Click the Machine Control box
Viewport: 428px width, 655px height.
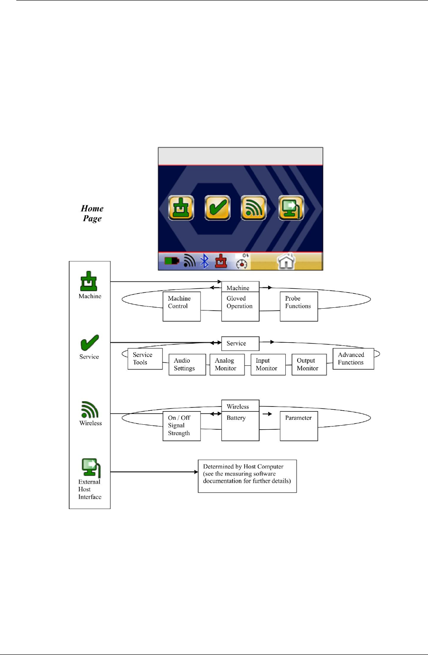(182, 306)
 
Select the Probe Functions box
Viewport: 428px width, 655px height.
(298, 306)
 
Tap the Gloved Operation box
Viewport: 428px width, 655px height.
(240, 306)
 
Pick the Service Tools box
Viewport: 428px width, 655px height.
(145, 359)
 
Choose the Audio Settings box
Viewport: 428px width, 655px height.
(187, 364)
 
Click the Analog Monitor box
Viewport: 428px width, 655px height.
(227, 364)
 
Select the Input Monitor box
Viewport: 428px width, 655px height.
(268, 364)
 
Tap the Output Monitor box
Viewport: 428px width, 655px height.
(309, 364)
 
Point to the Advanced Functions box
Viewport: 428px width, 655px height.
(353, 359)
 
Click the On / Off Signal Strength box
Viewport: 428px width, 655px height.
(182, 426)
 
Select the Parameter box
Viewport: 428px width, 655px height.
(298, 426)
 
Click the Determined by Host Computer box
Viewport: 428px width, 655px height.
(247, 476)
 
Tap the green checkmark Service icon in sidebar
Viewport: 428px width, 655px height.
(89, 343)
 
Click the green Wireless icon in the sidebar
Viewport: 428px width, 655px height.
(90, 410)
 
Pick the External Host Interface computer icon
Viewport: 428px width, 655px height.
(91, 468)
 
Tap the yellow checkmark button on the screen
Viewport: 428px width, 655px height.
(217, 208)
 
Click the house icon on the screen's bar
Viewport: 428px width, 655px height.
(286, 262)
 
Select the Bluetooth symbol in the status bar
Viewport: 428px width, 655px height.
(205, 262)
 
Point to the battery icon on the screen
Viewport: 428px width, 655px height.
(172, 262)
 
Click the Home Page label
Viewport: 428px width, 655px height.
(92, 213)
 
